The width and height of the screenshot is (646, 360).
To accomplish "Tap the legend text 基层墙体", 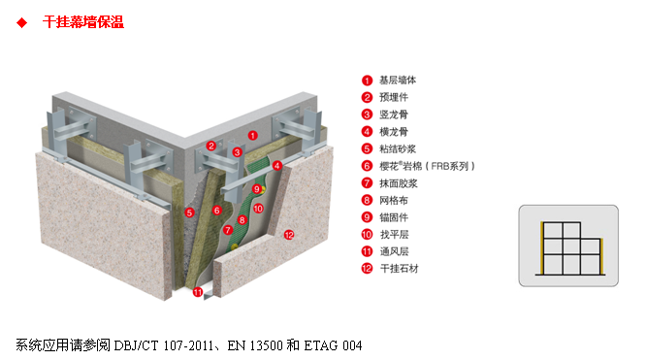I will [x=398, y=81].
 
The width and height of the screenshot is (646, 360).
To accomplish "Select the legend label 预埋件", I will [x=393, y=97].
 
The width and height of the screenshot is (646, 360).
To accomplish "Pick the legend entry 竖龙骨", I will [x=393, y=115].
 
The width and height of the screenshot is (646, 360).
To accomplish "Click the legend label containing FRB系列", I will [x=427, y=166].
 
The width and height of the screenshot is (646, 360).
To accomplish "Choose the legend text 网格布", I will [x=393, y=200].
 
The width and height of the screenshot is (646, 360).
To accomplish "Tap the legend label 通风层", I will [x=393, y=250].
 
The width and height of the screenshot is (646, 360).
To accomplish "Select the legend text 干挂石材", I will [x=398, y=268].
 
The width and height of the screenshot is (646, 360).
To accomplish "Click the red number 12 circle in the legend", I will [x=367, y=268].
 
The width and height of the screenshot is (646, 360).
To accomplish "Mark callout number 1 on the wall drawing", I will [x=252, y=136].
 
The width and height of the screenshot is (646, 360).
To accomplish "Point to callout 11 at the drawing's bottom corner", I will [x=197, y=291].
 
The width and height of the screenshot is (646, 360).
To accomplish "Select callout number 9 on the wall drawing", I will [x=256, y=189].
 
